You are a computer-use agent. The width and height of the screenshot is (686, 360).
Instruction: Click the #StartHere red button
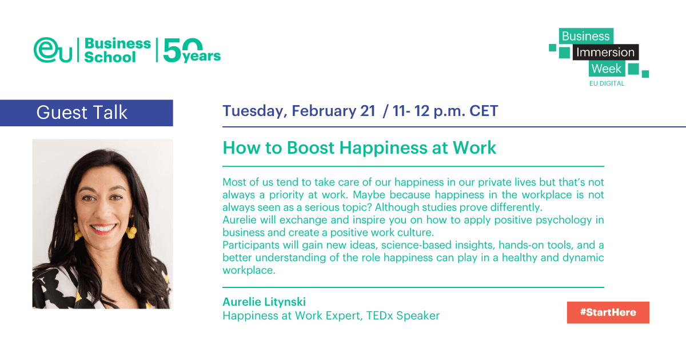pyautogui.click(x=608, y=312)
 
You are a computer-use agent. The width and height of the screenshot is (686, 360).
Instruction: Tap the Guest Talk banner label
pyautogui.click(x=82, y=113)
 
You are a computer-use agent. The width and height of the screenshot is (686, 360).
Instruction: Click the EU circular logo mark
pyautogui.click(x=53, y=50)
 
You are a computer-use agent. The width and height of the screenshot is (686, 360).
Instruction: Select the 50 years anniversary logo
pyautogui.click(x=192, y=50)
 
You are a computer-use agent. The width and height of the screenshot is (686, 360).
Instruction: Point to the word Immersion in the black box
pyautogui.click(x=605, y=53)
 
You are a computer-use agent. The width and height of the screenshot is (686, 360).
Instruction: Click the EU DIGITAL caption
pyautogui.click(x=607, y=83)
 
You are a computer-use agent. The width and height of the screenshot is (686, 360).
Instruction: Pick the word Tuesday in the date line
pyautogui.click(x=255, y=111)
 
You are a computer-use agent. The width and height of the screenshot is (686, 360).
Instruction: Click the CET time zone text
pyautogui.click(x=484, y=111)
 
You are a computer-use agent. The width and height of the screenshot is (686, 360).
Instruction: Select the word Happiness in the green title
pyautogui.click(x=384, y=148)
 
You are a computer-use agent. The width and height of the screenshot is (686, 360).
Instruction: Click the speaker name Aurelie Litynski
pyautogui.click(x=264, y=302)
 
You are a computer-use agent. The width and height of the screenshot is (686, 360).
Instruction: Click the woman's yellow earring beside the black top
pyautogui.click(x=132, y=230)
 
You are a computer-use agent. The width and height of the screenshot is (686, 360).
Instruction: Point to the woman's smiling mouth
pyautogui.click(x=103, y=228)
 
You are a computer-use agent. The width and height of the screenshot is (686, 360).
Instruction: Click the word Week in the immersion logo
pyautogui.click(x=607, y=69)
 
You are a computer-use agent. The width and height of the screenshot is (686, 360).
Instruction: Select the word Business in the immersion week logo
pyautogui.click(x=585, y=37)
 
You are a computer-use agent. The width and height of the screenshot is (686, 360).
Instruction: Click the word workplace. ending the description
pyautogui.click(x=249, y=270)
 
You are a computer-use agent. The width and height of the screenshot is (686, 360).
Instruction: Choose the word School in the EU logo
pyautogui.click(x=110, y=57)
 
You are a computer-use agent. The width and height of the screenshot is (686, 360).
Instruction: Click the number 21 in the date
pyautogui.click(x=368, y=111)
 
